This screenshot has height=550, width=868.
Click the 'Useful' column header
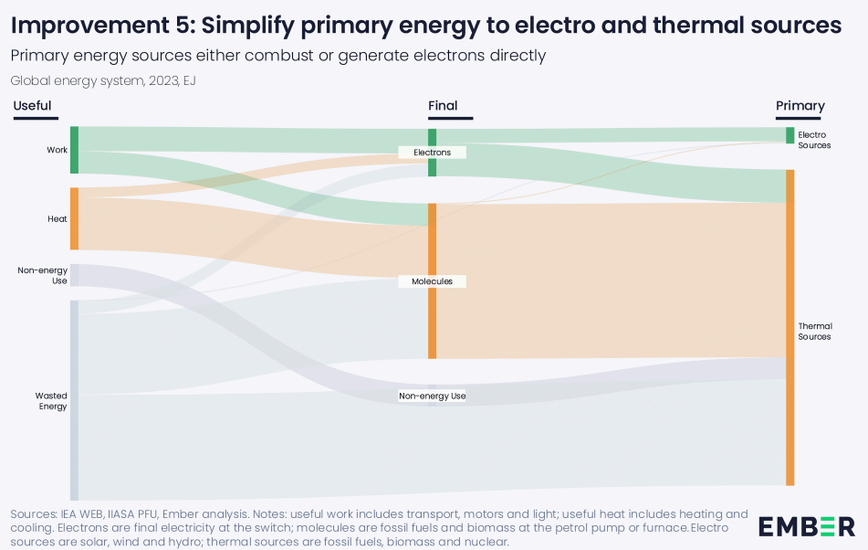[32, 106]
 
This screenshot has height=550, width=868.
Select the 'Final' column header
[443, 106]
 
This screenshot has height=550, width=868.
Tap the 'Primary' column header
[800, 106]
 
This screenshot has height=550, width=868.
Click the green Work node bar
[74, 150]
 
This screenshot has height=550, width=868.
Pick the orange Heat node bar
[74, 218]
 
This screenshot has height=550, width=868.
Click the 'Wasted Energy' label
[51, 401]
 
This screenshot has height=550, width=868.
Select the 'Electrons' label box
[432, 153]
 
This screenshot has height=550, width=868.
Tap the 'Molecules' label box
[432, 281]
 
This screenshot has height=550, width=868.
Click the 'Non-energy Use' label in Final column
[432, 397]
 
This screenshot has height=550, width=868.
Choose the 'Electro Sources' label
[813, 140]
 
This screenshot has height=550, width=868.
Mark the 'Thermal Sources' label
[815, 331]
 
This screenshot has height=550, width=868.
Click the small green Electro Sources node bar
[790, 135]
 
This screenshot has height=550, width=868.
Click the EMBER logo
[807, 527]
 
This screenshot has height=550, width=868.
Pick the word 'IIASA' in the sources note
[129, 514]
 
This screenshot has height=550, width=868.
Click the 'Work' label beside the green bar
[57, 150]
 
